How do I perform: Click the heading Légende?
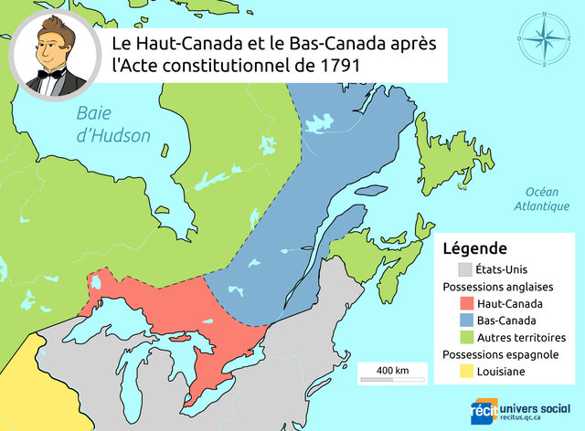pos(475,248)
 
